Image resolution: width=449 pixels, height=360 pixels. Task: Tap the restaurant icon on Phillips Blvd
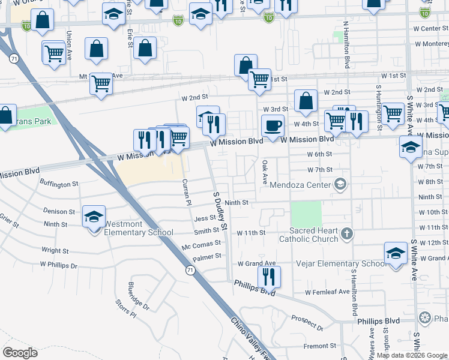click(x=269, y=277)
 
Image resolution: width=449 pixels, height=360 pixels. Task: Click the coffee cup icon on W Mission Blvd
click(x=273, y=126)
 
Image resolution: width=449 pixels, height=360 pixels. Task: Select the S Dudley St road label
click(x=220, y=212)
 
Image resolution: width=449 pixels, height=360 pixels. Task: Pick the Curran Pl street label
click(x=186, y=193)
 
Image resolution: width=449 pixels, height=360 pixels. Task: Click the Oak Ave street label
click(x=264, y=172)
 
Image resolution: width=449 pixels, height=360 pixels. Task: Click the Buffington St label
click(x=59, y=184)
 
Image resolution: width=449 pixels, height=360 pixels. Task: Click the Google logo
click(x=20, y=352)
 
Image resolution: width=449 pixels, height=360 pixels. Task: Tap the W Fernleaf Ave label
click(x=327, y=292)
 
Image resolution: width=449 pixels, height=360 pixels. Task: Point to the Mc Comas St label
click(x=201, y=247)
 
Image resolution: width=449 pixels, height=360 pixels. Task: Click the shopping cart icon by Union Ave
click(x=54, y=53)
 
